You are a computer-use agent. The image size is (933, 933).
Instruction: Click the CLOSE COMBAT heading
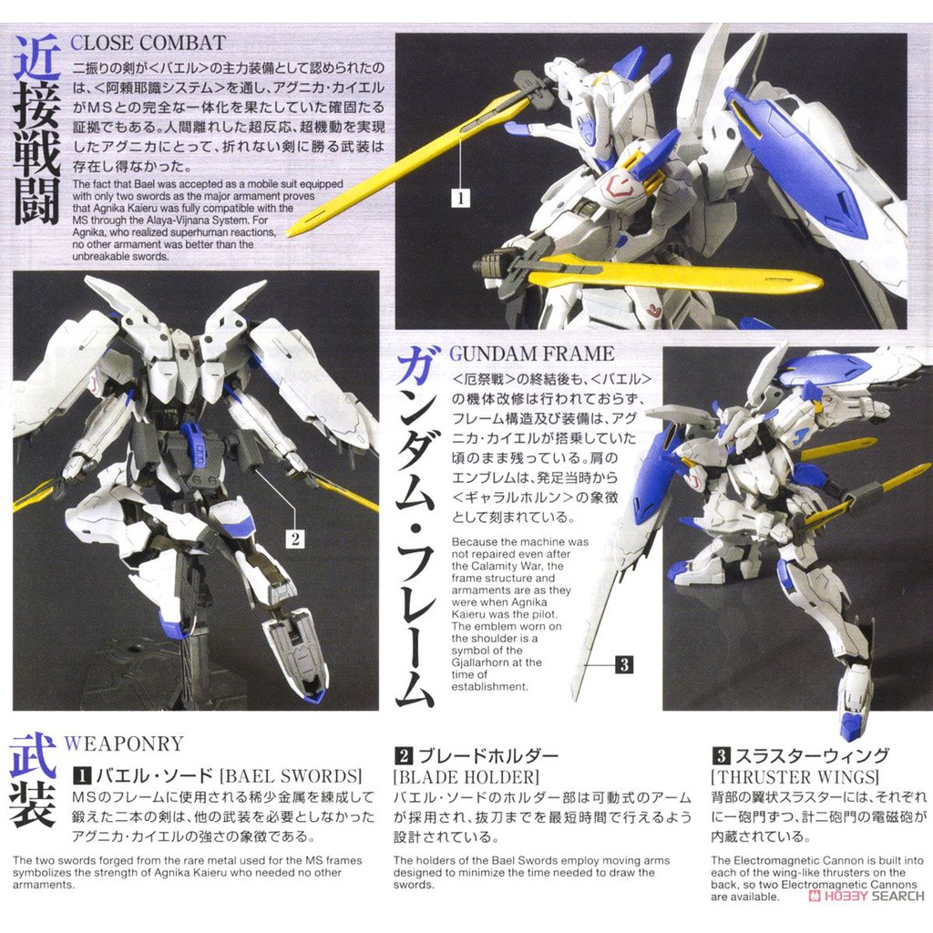coord(149,43)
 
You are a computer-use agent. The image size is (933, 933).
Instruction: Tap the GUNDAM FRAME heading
coord(532,354)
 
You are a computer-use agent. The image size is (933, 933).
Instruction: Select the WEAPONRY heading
coord(124,743)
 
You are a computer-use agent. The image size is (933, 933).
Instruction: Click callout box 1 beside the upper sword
coord(460,198)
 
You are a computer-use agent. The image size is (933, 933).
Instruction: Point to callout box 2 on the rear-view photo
coord(295,539)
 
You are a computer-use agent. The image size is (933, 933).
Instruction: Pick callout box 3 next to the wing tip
coord(624,664)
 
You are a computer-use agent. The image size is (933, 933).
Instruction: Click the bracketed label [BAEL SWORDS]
coord(291,776)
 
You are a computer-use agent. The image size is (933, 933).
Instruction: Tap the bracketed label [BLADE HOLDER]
coord(466,776)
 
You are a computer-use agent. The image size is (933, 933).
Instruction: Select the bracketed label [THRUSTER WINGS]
coord(795,776)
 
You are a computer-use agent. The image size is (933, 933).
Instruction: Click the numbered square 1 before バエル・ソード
coord(81,775)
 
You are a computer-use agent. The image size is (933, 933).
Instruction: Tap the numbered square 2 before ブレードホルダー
coord(403,755)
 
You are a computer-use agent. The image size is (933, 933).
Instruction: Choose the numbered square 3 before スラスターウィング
coord(721,755)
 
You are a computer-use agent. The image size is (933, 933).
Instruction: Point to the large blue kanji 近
coord(36,57)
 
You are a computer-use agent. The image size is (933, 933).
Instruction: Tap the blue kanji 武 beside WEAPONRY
coord(34,755)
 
